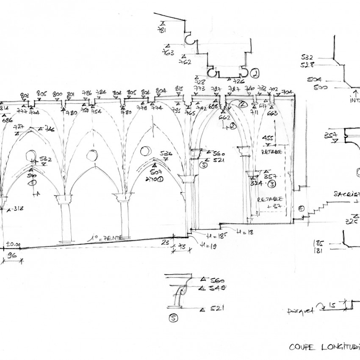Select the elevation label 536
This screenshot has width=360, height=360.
point(166,154)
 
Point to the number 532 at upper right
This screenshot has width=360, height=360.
point(307,57)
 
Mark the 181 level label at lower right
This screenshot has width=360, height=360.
point(318,251)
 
